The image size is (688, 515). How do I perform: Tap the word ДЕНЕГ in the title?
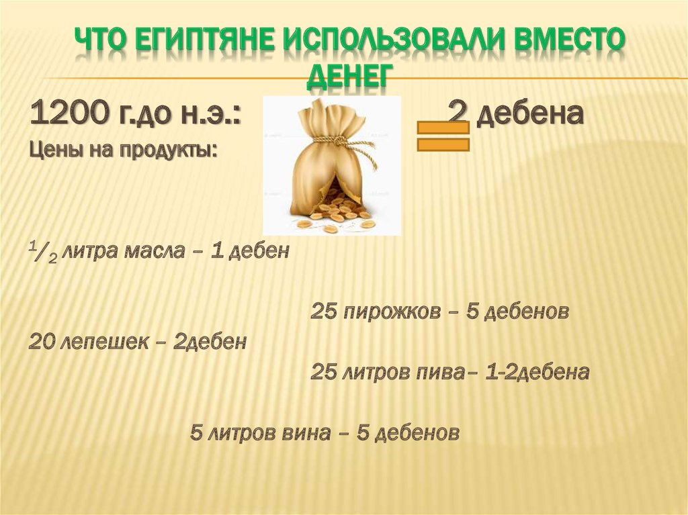[x=349, y=76]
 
